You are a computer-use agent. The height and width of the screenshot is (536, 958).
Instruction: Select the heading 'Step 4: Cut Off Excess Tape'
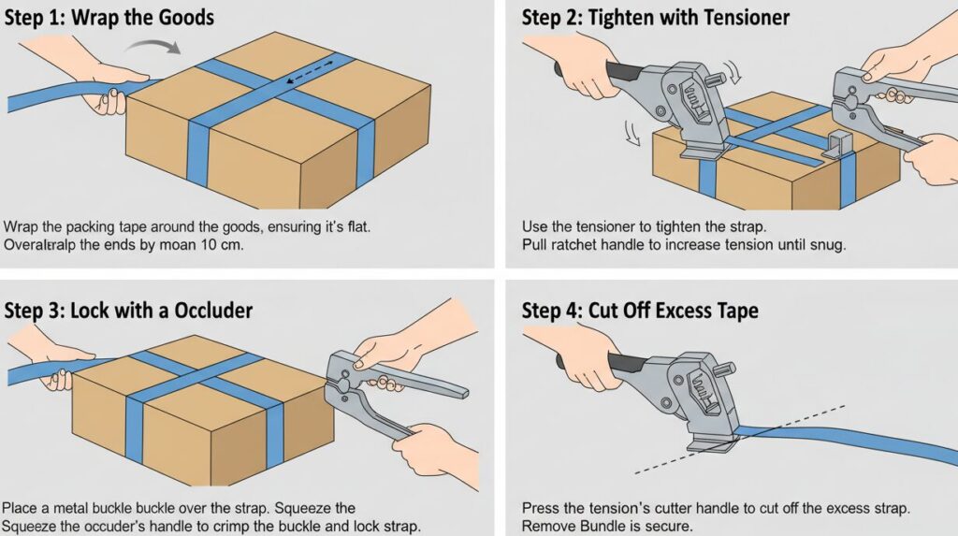[639, 309]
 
